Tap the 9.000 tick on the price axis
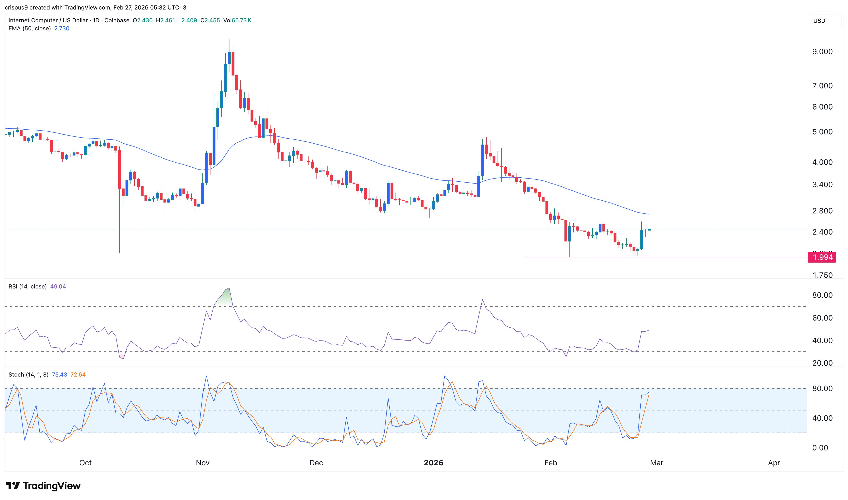click(x=822, y=52)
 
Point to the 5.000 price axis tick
click(x=822, y=132)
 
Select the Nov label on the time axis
click(x=203, y=462)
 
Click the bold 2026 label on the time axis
click(x=433, y=462)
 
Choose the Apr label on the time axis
click(x=773, y=462)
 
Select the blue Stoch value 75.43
click(x=59, y=375)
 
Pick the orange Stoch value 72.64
click(x=78, y=375)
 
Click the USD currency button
click(x=819, y=21)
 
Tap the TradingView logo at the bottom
click(x=43, y=486)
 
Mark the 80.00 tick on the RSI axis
click(x=822, y=295)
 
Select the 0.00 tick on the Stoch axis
click(x=820, y=448)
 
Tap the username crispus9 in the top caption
click(x=16, y=7)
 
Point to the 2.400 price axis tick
click(x=822, y=232)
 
